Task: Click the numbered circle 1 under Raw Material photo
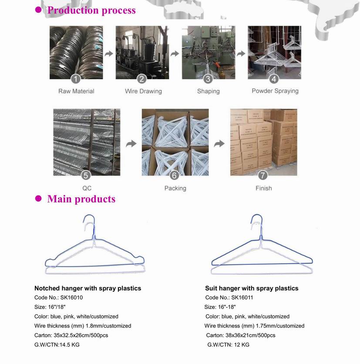[76, 79]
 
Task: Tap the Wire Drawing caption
[143, 91]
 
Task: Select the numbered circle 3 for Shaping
[208, 79]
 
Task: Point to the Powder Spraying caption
[275, 91]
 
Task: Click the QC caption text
[87, 188]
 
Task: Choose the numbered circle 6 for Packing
[175, 175]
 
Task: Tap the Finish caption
[263, 188]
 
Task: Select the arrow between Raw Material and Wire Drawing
[109, 54]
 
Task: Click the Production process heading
[91, 10]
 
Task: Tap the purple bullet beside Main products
[38, 199]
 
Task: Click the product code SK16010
[70, 298]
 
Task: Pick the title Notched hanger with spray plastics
[87, 288]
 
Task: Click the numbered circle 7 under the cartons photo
[263, 175]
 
